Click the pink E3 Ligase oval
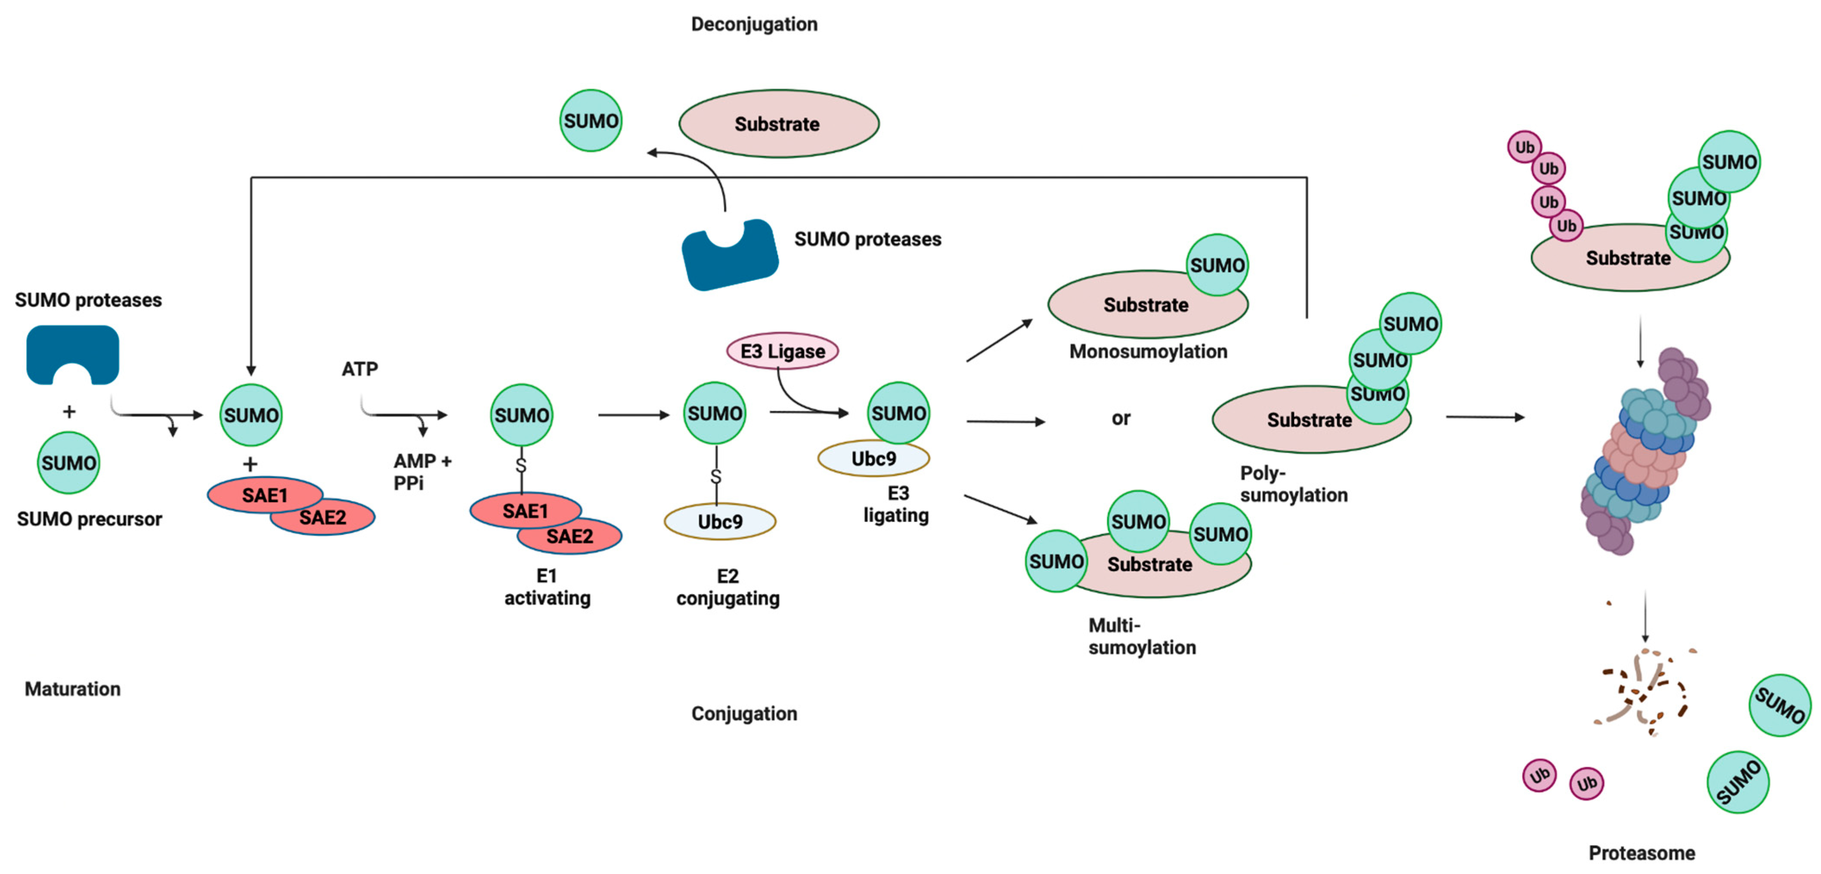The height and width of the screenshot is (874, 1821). pyautogui.click(x=782, y=351)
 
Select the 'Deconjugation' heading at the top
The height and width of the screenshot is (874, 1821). pyautogui.click(x=753, y=24)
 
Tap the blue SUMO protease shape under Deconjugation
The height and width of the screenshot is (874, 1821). pyautogui.click(x=730, y=258)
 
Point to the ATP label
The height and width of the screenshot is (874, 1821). pyautogui.click(x=360, y=369)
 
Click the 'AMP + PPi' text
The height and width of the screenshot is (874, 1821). pyautogui.click(x=421, y=471)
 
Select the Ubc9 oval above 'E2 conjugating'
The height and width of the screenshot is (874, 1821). pyautogui.click(x=720, y=522)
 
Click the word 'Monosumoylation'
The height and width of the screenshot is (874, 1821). pyautogui.click(x=1147, y=351)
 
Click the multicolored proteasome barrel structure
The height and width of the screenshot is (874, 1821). pyautogui.click(x=1644, y=452)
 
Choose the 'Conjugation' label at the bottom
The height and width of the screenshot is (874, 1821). pyautogui.click(x=743, y=713)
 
